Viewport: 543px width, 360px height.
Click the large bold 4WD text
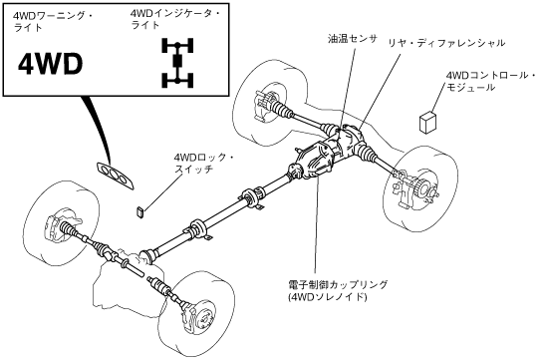(x=50, y=65)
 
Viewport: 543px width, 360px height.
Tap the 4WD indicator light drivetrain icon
(x=177, y=63)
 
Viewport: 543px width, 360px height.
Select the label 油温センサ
(x=353, y=39)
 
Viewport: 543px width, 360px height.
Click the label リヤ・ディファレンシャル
(x=446, y=43)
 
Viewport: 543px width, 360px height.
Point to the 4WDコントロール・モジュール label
(x=491, y=82)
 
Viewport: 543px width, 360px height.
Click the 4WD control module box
(x=427, y=122)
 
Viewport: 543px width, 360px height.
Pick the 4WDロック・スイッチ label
(x=203, y=164)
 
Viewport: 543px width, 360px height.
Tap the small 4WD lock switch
(x=140, y=211)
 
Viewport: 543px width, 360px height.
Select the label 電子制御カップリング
(x=338, y=284)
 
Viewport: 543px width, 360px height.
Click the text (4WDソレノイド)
(x=327, y=297)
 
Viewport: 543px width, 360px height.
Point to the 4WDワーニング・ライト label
(x=52, y=22)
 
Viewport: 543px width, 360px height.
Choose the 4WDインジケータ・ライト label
(x=175, y=19)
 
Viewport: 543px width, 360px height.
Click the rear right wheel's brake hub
(x=415, y=188)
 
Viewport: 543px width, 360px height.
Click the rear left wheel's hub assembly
(x=266, y=104)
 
